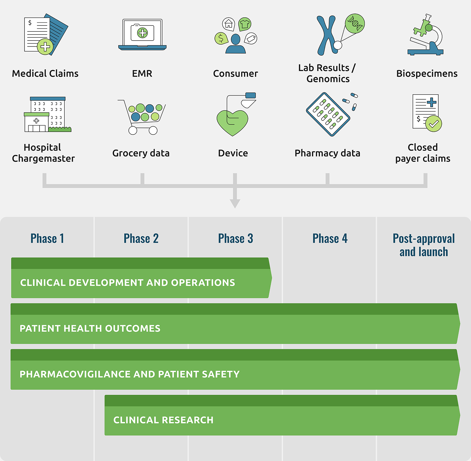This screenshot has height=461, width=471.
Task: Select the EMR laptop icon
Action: pos(142,35)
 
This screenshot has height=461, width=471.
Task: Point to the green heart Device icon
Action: pos(232,123)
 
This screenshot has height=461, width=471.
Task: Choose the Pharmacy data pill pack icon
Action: pos(328,114)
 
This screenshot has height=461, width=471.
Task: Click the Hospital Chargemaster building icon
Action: pos(47,114)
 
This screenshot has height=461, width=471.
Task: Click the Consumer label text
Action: pos(235,74)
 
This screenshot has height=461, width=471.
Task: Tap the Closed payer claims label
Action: pos(423,153)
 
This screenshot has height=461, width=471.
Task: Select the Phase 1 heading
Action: pos(47,239)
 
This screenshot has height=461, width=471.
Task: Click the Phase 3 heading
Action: pos(235,239)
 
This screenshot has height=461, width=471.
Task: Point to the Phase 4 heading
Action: pos(330,239)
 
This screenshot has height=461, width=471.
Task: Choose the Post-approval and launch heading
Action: pos(424,245)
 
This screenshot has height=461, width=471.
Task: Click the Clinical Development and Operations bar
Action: pos(141,278)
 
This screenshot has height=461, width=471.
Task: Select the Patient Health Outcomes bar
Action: pos(235,324)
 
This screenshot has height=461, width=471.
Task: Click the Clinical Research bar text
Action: pos(163,420)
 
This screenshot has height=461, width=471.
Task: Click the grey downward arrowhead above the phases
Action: pos(235,204)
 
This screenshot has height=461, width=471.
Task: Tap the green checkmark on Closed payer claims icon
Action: pos(434,124)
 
